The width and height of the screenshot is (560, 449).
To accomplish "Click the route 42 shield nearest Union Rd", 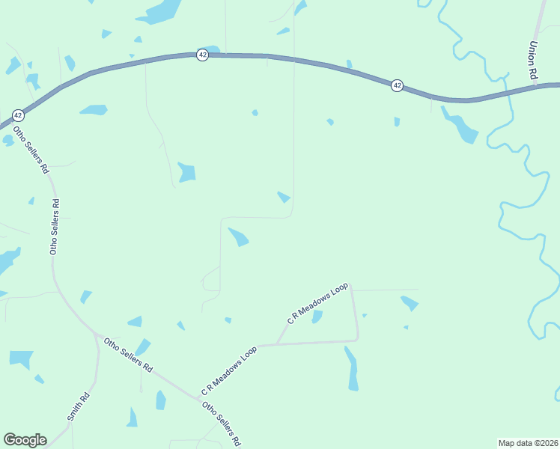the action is point(397,86).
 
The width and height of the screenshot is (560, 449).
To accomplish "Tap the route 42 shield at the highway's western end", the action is point(18,115).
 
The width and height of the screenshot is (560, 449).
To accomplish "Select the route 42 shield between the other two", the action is point(202,55).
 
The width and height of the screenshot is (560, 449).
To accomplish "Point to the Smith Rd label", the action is point(79,407).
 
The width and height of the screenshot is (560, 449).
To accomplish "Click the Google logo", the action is point(25,440).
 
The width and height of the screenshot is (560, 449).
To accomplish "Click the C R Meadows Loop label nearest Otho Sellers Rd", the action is point(228,371).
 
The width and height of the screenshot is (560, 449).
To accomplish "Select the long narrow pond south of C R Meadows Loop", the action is point(352,368).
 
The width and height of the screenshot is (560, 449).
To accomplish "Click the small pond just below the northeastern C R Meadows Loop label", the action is point(317,317).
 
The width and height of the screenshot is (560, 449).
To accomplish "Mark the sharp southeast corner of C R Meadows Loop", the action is point(358,339).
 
